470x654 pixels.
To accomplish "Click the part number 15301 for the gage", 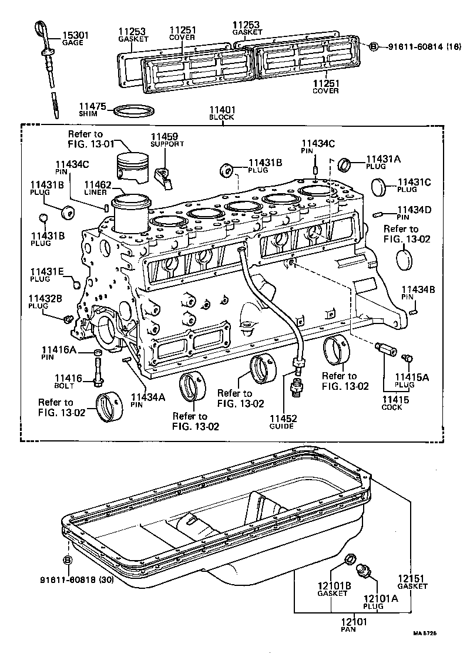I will pyautogui.click(x=76, y=35).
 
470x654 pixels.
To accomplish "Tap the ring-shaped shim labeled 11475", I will pyautogui.click(x=134, y=110).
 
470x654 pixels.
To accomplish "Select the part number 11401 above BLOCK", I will pyautogui.click(x=221, y=109).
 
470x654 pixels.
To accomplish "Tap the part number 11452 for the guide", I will pyautogui.click(x=284, y=419).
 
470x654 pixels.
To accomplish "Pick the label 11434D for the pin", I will pyautogui.click(x=414, y=209).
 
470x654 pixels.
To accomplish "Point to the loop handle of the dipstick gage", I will pyautogui.click(x=43, y=28).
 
